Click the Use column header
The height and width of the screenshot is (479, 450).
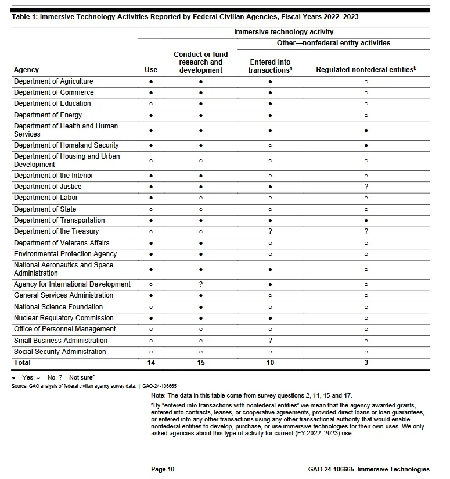point(151,70)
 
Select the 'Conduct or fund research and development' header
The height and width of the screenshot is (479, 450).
point(201,62)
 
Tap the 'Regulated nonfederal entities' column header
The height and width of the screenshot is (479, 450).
point(366,70)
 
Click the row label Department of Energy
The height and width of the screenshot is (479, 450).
point(48,115)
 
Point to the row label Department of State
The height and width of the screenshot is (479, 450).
point(45,209)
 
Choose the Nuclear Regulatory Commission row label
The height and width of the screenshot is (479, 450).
point(64,318)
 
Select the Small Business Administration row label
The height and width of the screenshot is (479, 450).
point(60,341)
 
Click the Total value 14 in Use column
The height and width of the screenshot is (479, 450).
point(151,363)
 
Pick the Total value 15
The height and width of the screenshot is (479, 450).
point(201,363)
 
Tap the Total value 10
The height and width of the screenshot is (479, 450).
point(270,363)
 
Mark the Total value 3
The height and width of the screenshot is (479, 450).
point(366,363)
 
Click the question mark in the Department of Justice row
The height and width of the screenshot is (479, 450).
point(366,187)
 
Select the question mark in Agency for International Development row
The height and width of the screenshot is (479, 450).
point(201,284)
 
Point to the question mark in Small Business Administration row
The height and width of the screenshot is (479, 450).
point(270,341)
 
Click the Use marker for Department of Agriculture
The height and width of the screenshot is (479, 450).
point(151,81)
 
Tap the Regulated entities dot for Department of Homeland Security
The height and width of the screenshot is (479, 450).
point(366,145)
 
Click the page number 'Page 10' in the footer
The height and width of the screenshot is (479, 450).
point(163,469)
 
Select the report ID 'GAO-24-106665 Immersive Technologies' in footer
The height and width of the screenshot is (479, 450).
point(369,469)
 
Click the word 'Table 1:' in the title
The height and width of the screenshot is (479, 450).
point(24,17)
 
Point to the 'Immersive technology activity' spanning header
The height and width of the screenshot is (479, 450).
point(284,32)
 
